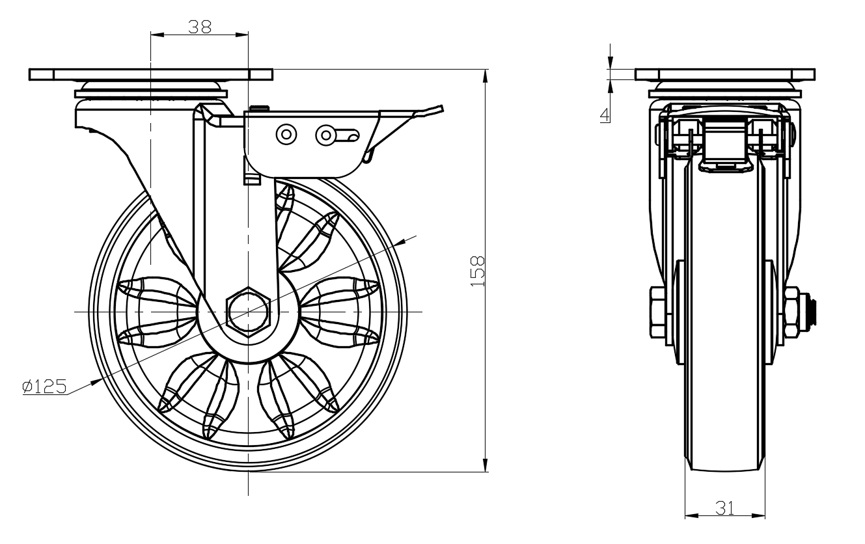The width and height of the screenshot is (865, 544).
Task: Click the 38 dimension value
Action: (200, 26)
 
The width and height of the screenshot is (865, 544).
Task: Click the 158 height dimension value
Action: (477, 271)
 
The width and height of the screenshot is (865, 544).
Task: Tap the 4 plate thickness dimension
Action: (605, 115)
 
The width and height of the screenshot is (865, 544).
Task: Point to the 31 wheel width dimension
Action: (724, 508)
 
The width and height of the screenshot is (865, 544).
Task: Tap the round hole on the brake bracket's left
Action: (285, 134)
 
